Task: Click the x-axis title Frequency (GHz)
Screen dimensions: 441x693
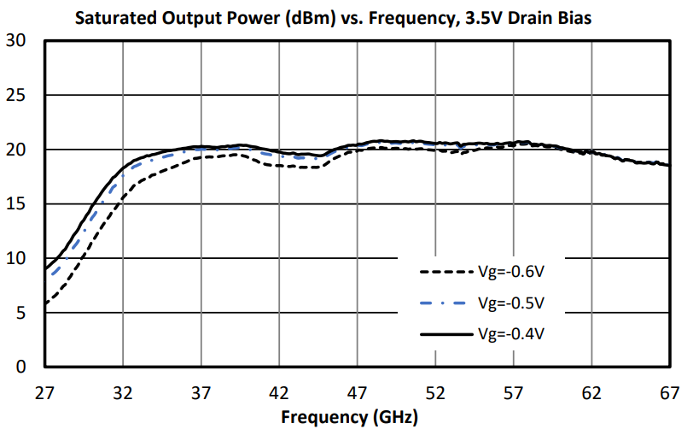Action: coord(350,420)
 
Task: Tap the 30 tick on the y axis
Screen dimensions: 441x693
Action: coord(16,41)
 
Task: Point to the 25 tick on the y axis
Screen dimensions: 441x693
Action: coord(16,96)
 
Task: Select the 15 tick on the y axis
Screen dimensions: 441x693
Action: coord(16,204)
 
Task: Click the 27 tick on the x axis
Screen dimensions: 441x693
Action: coord(44,394)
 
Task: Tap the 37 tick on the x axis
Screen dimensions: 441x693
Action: coord(201,394)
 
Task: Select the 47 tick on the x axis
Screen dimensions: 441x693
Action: coord(358,394)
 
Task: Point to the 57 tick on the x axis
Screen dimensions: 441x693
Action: coord(514,394)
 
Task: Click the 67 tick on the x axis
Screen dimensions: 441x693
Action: coord(670,394)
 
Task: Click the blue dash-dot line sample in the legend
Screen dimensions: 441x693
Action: coord(445,303)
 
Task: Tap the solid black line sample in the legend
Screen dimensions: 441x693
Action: coord(445,332)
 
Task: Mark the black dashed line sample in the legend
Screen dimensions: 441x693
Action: coord(445,273)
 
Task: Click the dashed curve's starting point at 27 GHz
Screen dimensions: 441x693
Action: coord(45,304)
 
